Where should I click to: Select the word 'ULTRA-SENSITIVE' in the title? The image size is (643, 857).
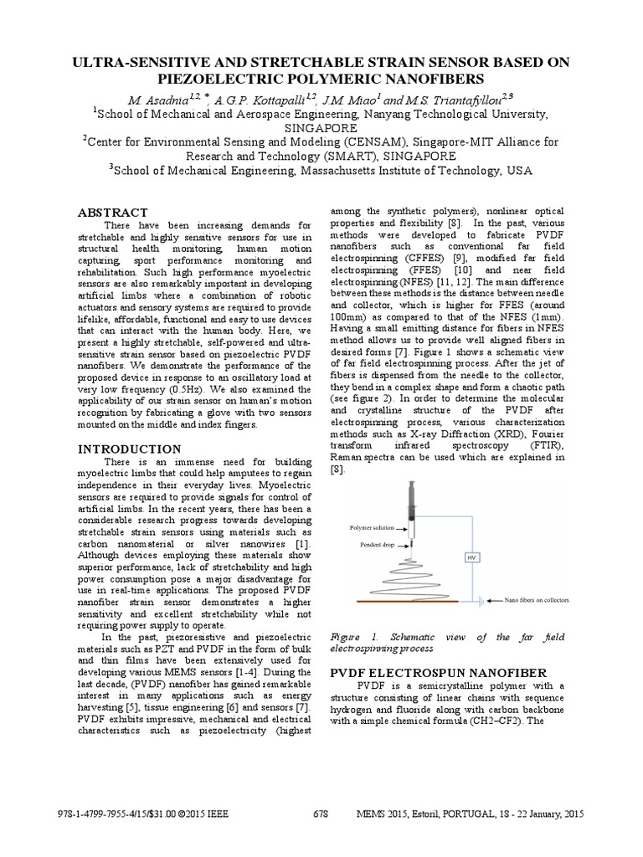137,63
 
